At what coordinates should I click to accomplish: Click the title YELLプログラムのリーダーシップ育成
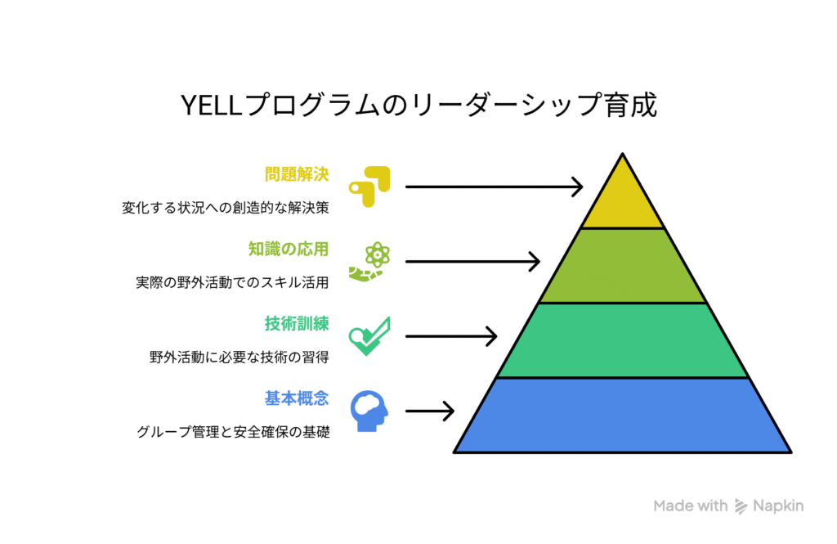point(418,105)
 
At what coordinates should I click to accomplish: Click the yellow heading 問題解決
point(297,174)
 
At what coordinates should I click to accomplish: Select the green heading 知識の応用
point(289,249)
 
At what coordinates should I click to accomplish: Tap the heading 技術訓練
point(297,324)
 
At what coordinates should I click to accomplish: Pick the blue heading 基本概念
point(297,398)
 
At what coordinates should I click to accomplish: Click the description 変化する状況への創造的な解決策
point(226,207)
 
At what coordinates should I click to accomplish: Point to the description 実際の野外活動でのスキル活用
point(232,282)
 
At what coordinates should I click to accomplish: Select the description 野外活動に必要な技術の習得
point(239,357)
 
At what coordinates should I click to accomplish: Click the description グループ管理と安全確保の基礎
point(233,432)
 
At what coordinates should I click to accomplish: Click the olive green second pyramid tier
point(622,266)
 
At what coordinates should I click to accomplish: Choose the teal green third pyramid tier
point(622,341)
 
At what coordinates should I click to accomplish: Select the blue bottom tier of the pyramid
point(622,416)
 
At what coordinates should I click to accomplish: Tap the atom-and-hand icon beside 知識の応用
point(369,261)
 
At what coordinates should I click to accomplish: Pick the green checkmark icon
point(369,336)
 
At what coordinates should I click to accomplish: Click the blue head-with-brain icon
point(369,411)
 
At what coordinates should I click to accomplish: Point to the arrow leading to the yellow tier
point(494,187)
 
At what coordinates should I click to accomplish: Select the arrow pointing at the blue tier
point(430,411)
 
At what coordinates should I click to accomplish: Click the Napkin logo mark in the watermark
point(741,506)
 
